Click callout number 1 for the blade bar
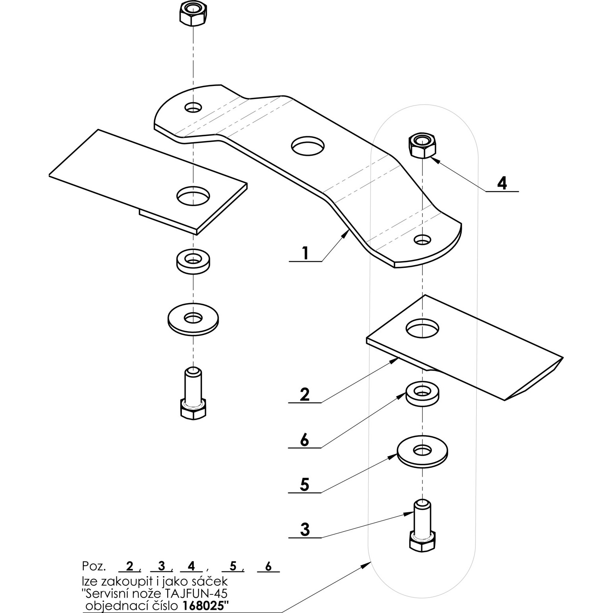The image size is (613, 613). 305,253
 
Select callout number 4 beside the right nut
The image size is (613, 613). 502,183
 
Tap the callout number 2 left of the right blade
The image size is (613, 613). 304,395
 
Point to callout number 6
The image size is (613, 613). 304,440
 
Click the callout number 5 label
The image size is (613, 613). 304,485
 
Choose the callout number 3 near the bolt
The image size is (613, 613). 304,529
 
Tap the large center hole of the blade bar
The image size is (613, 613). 307,145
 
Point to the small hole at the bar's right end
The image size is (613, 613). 423,239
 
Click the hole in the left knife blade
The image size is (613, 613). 193,195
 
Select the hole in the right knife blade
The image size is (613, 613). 422,328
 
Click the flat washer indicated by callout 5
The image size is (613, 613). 423,452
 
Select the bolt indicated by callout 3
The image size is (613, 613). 423,526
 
